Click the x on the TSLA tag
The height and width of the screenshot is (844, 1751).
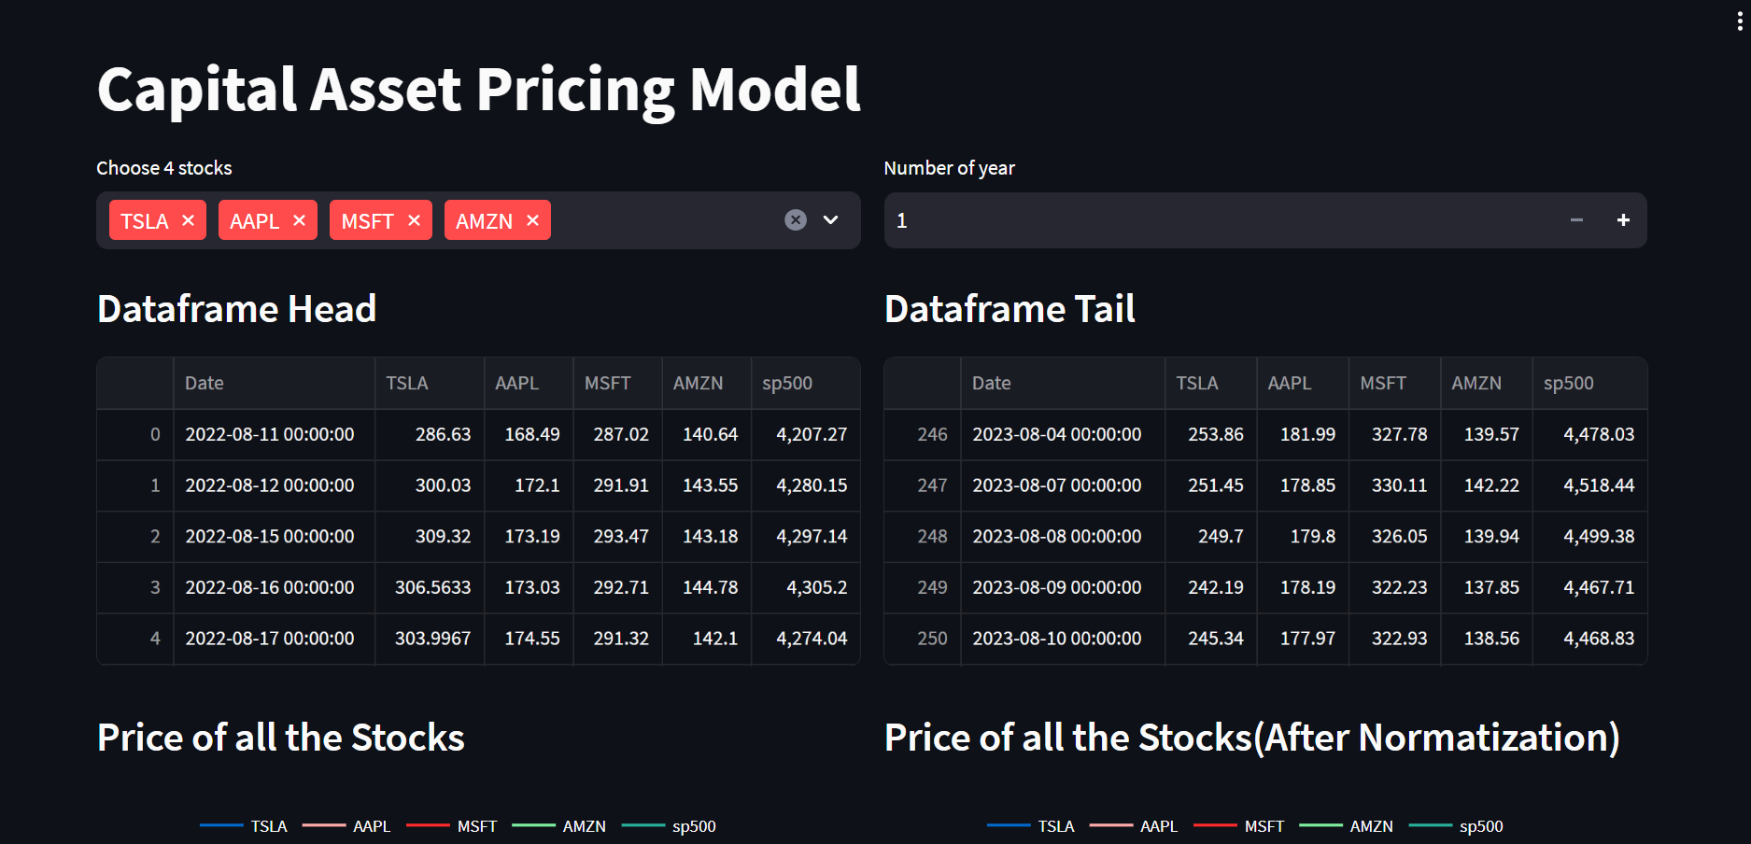189,220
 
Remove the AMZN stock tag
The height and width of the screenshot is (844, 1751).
532,220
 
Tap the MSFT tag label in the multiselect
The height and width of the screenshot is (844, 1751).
367,221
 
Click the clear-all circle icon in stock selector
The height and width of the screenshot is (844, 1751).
796,219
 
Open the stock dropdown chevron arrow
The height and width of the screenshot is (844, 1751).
830,219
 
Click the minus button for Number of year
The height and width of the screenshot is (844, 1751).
1576,220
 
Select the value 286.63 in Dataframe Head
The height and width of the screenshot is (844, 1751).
443,434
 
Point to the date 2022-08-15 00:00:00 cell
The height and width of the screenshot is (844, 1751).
270,537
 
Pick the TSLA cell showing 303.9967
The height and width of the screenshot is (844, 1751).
432,639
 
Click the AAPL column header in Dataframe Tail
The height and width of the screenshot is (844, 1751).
1289,383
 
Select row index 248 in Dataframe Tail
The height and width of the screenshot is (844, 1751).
931,537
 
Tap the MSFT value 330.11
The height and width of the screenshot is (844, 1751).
1399,485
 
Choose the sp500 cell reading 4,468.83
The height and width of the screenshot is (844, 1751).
1599,639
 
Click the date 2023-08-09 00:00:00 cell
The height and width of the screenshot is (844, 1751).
1056,587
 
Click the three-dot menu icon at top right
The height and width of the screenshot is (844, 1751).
1740,21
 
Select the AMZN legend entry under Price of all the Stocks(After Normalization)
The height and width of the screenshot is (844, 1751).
1371,826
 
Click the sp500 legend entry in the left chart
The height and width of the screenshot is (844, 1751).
693,826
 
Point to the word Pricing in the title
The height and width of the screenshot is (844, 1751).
575,91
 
